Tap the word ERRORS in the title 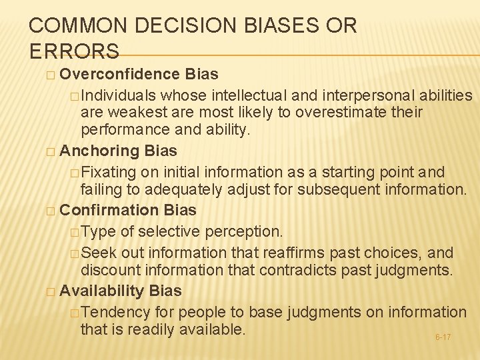(74, 51)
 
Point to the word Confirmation (109, 210)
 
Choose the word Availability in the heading (102, 291)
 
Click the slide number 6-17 (443, 337)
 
